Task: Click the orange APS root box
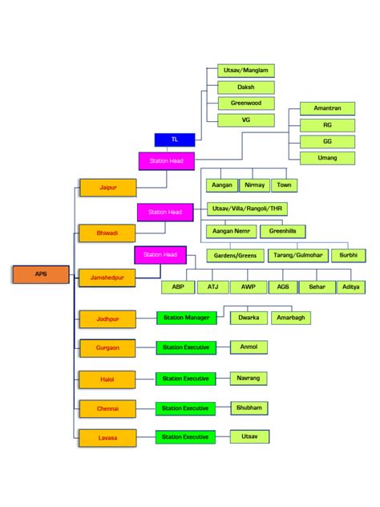tap(41, 274)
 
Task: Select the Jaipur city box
tap(107, 188)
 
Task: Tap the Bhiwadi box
tap(107, 233)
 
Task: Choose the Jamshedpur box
tap(107, 278)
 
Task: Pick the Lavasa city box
tap(107, 437)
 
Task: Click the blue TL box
tap(175, 140)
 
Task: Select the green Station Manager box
tap(186, 318)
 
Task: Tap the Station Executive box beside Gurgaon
tap(185, 348)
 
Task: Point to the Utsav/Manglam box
tap(246, 71)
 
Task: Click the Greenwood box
tap(246, 103)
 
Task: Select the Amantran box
tap(327, 107)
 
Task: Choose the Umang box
tap(327, 158)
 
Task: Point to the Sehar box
tap(317, 286)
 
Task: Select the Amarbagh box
tap(291, 318)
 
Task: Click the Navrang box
tap(249, 377)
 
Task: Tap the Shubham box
tap(249, 408)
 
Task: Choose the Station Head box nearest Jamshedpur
tap(160, 255)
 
